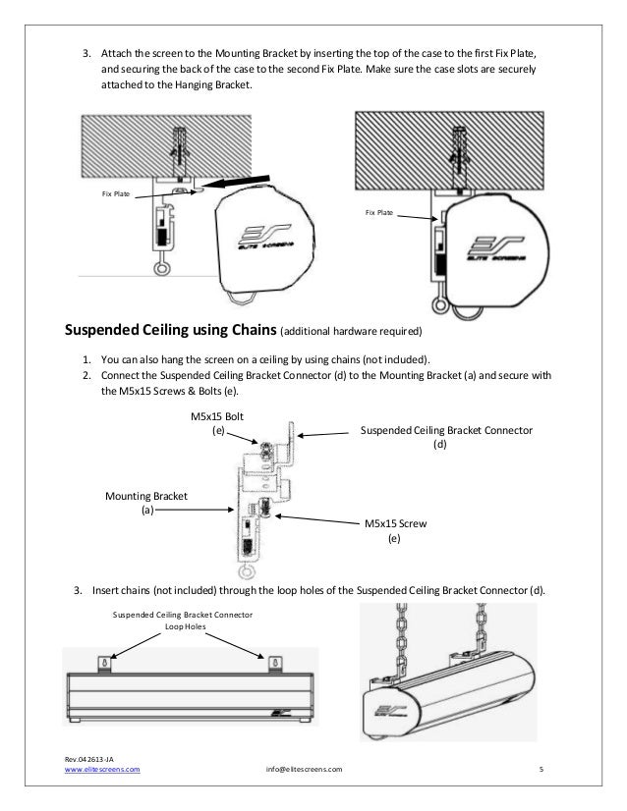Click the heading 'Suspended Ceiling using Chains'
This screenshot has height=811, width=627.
pyautogui.click(x=171, y=327)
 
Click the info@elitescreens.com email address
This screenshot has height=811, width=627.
pyautogui.click(x=305, y=770)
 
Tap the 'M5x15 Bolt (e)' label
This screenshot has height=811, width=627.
pyautogui.click(x=216, y=423)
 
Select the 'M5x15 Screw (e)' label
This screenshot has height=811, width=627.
pyautogui.click(x=393, y=531)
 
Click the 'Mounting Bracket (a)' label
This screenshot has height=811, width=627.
pyautogui.click(x=146, y=503)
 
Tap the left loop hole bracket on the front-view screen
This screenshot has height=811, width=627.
pyautogui.click(x=102, y=663)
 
